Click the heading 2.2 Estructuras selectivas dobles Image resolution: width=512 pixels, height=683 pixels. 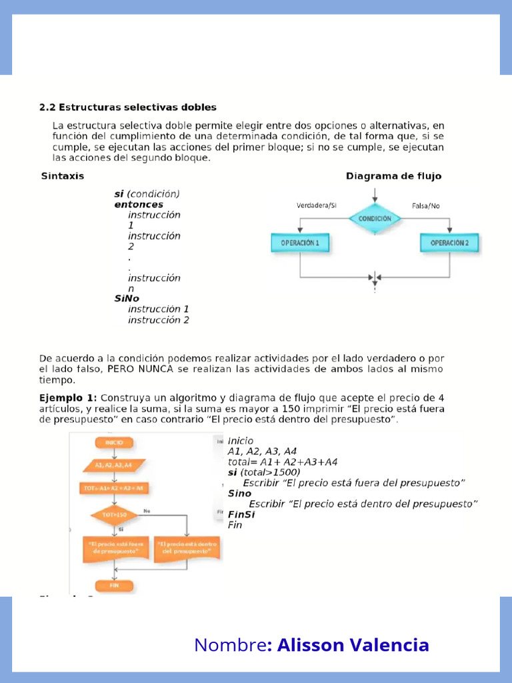click(x=127, y=107)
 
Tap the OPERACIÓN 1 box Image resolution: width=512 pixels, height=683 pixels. click(x=300, y=243)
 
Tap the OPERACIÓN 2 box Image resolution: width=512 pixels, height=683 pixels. click(x=449, y=243)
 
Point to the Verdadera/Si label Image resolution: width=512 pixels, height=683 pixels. click(x=317, y=206)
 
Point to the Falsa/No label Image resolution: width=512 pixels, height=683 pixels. click(x=426, y=206)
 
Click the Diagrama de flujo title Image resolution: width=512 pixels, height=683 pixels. click(x=393, y=176)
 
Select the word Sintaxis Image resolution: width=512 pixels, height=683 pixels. click(x=63, y=176)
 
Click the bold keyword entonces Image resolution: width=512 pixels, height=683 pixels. click(x=139, y=205)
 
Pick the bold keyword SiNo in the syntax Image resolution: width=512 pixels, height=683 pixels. click(x=127, y=299)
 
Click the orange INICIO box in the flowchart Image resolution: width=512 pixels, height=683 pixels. click(x=115, y=442)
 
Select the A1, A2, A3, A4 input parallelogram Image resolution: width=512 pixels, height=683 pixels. click(x=114, y=465)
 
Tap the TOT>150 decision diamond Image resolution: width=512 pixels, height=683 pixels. click(x=114, y=514)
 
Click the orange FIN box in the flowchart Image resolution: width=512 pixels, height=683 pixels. click(x=114, y=586)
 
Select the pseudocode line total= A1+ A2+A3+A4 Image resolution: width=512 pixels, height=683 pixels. click(x=283, y=462)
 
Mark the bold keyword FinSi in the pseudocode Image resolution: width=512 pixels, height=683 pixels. click(x=241, y=514)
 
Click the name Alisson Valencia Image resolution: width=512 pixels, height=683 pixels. click(x=353, y=645)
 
